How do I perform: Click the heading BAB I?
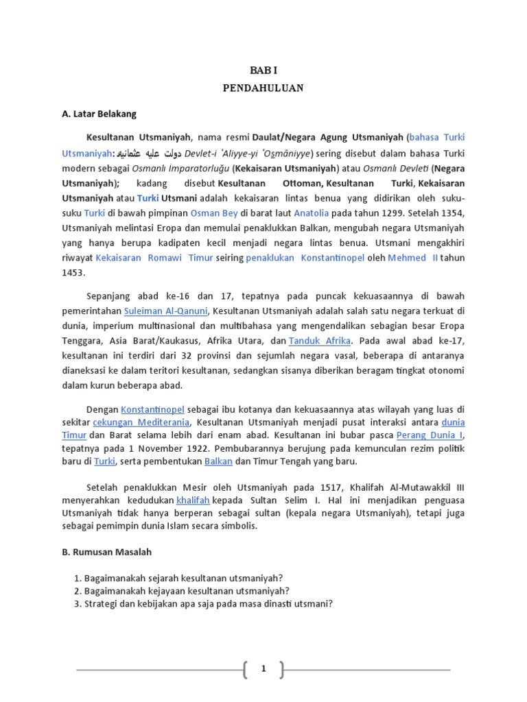pos(263,70)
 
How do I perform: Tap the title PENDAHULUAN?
pos(263,88)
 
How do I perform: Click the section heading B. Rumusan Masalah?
pos(106,551)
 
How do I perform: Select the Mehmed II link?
pos(412,258)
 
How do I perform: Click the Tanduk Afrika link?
pos(320,341)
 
